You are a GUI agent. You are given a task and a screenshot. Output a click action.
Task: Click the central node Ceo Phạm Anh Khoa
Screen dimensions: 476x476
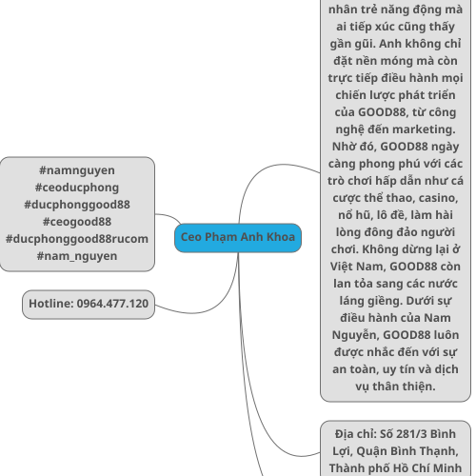tap(238, 238)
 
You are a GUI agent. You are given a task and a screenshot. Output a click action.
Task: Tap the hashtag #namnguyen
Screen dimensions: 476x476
tap(77, 170)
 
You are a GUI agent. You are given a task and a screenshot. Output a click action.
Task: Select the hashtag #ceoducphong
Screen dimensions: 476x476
tap(77, 188)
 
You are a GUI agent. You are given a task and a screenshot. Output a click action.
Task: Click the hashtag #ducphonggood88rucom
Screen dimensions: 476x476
tap(77, 239)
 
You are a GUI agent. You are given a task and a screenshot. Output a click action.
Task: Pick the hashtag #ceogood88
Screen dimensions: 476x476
tap(77, 222)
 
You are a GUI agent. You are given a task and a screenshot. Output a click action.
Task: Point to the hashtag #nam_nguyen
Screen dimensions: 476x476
tap(77, 256)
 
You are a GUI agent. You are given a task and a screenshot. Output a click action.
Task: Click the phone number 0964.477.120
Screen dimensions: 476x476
tap(112, 304)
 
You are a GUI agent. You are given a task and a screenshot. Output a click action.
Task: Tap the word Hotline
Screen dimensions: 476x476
tap(51, 304)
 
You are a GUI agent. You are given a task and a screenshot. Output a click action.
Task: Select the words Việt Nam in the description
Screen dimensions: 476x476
tap(358, 267)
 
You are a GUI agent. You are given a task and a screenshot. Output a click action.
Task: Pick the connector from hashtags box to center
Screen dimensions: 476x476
tap(169, 217)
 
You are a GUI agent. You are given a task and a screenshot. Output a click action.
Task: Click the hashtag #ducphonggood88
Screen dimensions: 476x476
tap(77, 205)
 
